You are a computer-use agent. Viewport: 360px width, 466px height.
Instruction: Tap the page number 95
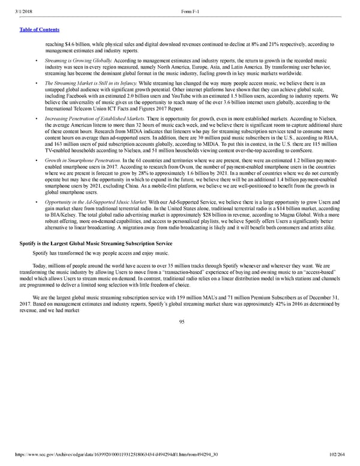click(x=180, y=321)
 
